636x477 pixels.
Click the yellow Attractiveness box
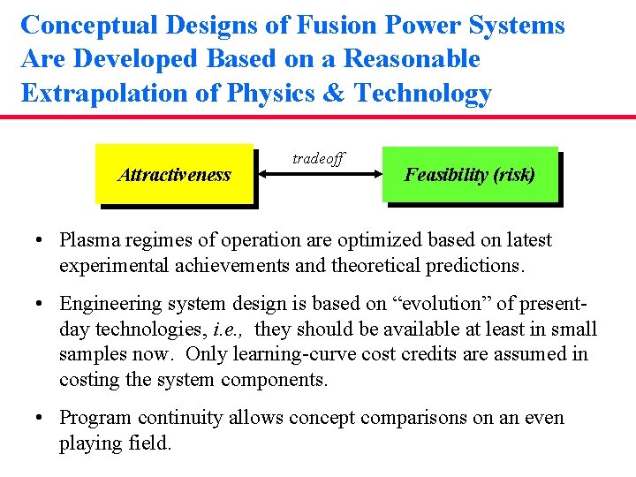pos(174,174)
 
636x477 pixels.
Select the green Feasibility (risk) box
pos(470,174)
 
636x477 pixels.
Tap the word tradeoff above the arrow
pos(318,159)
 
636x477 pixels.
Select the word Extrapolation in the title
pos(105,94)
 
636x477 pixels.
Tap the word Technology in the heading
pos(422,94)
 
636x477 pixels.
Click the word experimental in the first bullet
pos(112,265)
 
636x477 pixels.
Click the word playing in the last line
pos(92,443)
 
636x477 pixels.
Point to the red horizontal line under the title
pos(318,117)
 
